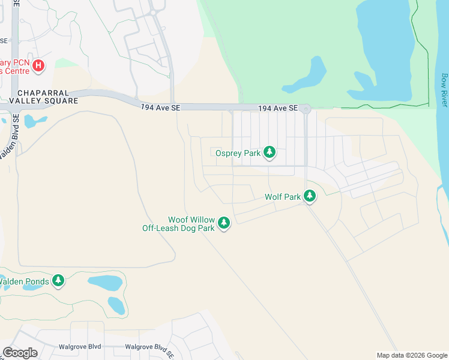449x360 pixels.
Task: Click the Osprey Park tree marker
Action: click(x=270, y=152)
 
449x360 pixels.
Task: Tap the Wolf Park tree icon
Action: click(x=310, y=196)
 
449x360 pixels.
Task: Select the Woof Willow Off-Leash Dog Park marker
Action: click(x=224, y=223)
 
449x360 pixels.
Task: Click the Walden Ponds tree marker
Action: click(x=58, y=280)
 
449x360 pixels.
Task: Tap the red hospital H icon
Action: click(x=38, y=65)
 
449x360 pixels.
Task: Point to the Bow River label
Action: click(x=444, y=90)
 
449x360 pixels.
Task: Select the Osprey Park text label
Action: click(x=238, y=153)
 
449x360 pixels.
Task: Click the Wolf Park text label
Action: click(x=282, y=197)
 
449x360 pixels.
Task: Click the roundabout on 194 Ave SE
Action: click(x=306, y=109)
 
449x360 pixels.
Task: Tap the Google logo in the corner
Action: click(x=20, y=353)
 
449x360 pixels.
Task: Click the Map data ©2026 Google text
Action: click(x=411, y=355)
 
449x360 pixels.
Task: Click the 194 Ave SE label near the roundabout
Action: click(x=278, y=108)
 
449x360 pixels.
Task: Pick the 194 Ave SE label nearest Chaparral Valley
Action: click(x=157, y=106)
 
